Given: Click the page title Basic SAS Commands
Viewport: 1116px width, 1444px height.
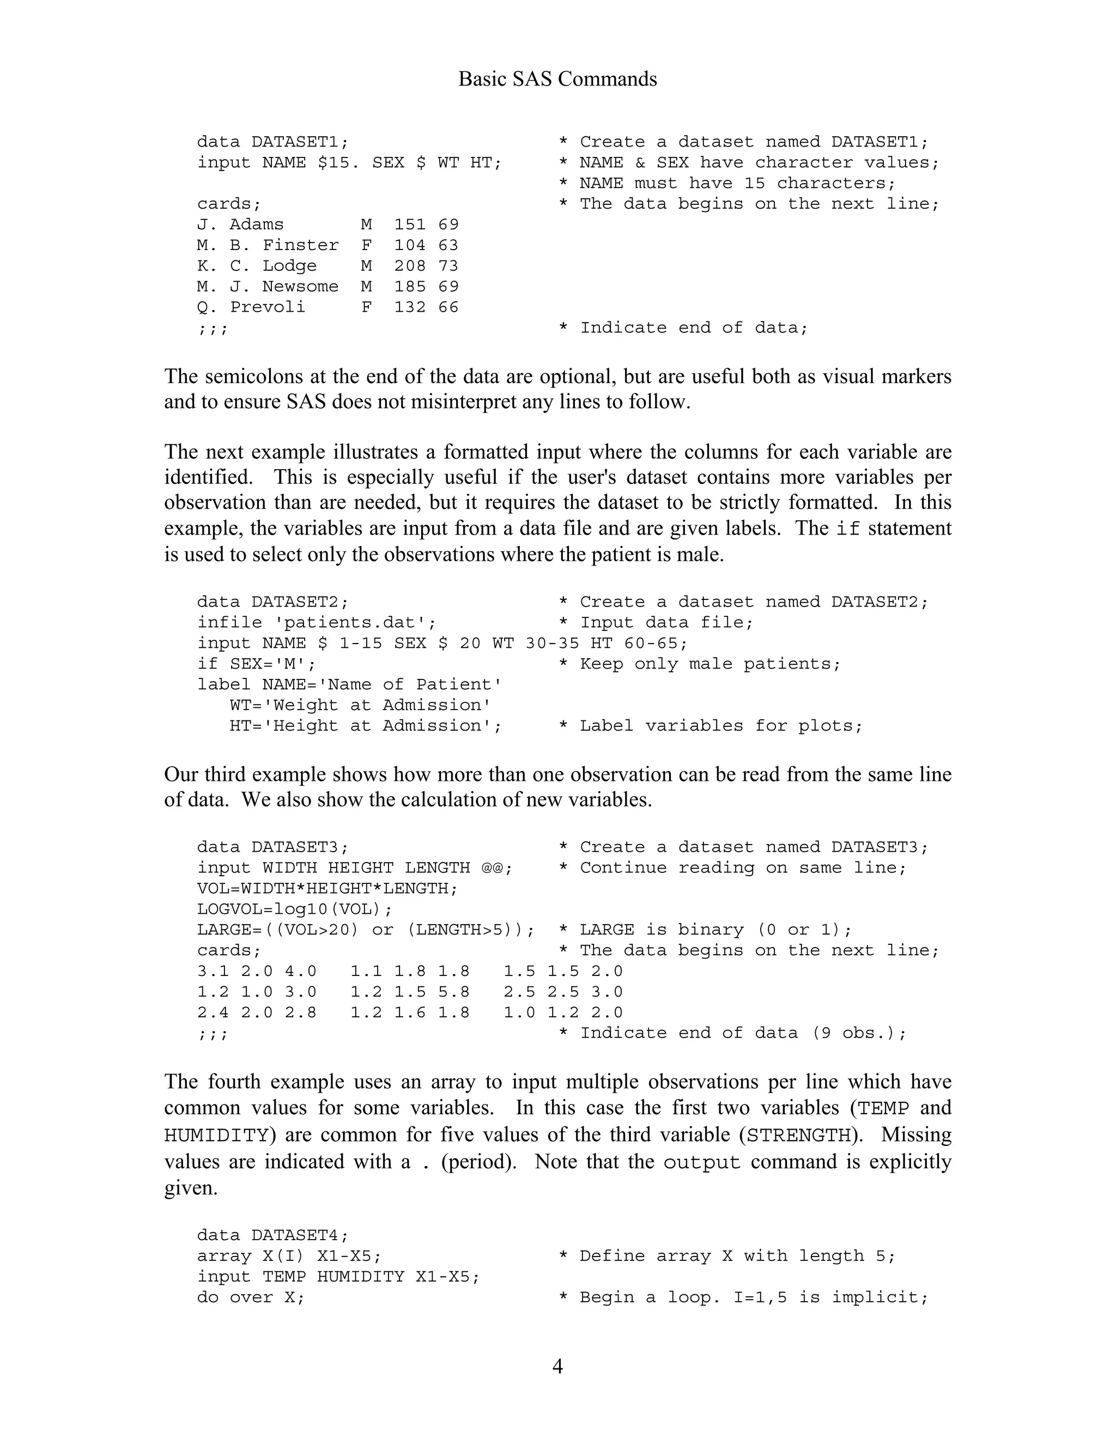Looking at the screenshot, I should [x=557, y=80].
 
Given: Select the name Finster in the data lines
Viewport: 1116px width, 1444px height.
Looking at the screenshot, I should [x=300, y=245].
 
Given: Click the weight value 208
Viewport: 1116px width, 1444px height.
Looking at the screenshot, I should [x=410, y=266].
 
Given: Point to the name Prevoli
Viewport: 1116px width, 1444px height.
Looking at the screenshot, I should [x=267, y=307].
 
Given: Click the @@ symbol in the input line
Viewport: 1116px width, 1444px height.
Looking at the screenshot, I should [x=492, y=868].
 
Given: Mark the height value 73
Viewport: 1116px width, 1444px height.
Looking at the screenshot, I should [x=448, y=266].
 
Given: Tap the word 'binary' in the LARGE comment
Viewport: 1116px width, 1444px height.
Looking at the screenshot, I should [x=711, y=930].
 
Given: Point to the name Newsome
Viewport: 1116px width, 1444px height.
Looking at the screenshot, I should [x=300, y=286].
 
